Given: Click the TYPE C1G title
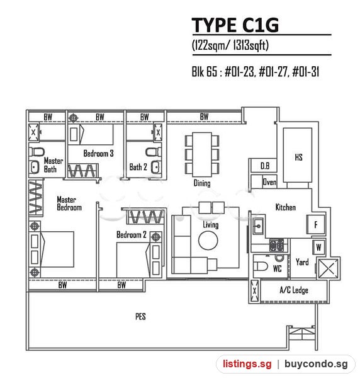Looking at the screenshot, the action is click(235, 25).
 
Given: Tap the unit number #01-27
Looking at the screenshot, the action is click(273, 72).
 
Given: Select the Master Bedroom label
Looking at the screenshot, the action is click(69, 203).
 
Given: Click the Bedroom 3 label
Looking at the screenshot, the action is click(98, 153).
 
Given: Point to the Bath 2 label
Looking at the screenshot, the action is click(138, 167).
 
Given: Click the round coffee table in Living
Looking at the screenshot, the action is click(208, 241).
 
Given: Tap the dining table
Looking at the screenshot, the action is click(202, 154).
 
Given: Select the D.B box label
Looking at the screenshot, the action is click(265, 166).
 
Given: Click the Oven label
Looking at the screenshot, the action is click(269, 182).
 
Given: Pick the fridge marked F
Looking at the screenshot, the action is click(315, 224).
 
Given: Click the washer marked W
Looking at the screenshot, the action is click(318, 247).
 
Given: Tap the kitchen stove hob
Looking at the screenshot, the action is click(276, 245).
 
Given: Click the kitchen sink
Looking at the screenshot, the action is click(258, 226).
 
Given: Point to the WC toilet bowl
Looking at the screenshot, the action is click(261, 266).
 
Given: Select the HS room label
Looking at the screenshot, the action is click(298, 157).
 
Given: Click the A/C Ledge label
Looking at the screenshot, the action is click(294, 290).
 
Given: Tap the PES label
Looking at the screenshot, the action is click(140, 316).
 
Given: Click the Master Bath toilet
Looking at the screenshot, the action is click(37, 152).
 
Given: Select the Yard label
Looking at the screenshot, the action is click(302, 262).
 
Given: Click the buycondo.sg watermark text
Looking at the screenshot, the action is click(316, 364).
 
